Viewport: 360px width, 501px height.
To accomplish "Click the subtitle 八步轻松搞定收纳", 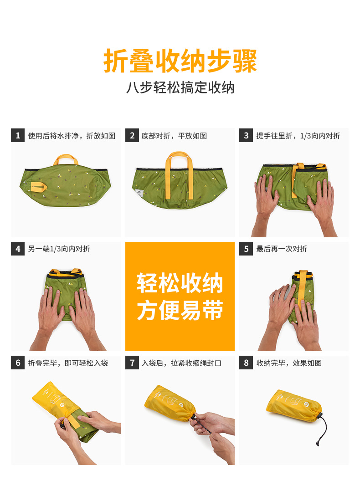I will click(x=180, y=87).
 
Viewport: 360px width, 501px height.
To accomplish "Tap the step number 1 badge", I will click(x=18, y=135).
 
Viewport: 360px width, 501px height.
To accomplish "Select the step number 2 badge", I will click(x=132, y=135).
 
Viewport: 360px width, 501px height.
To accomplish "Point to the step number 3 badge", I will click(x=246, y=135).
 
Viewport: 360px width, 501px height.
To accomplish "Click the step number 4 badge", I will click(x=18, y=249).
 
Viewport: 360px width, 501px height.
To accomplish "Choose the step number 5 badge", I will click(x=246, y=249).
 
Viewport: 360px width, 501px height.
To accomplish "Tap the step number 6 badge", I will click(x=18, y=363).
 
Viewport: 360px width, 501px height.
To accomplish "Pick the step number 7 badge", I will click(x=132, y=363).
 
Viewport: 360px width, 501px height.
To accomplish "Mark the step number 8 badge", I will click(x=246, y=363).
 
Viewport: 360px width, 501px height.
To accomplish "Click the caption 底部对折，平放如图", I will click(x=174, y=136).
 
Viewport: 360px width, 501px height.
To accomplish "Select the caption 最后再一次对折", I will click(x=282, y=249).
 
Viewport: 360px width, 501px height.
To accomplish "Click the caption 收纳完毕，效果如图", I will click(x=289, y=363).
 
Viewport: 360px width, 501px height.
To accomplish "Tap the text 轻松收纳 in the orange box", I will click(x=180, y=284).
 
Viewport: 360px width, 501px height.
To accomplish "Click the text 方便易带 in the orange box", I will click(x=180, y=311).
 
